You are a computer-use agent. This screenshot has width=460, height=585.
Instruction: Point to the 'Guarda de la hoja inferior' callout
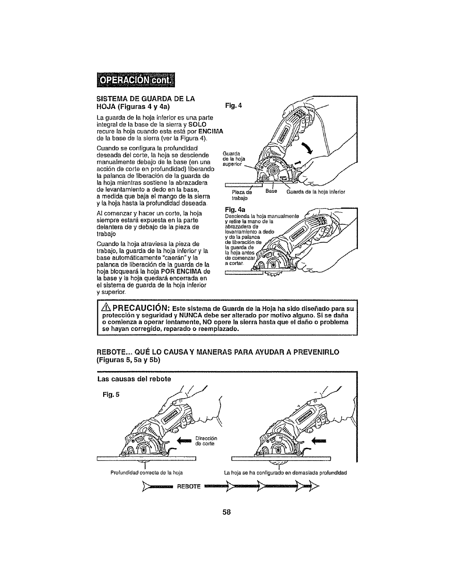click(315, 192)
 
